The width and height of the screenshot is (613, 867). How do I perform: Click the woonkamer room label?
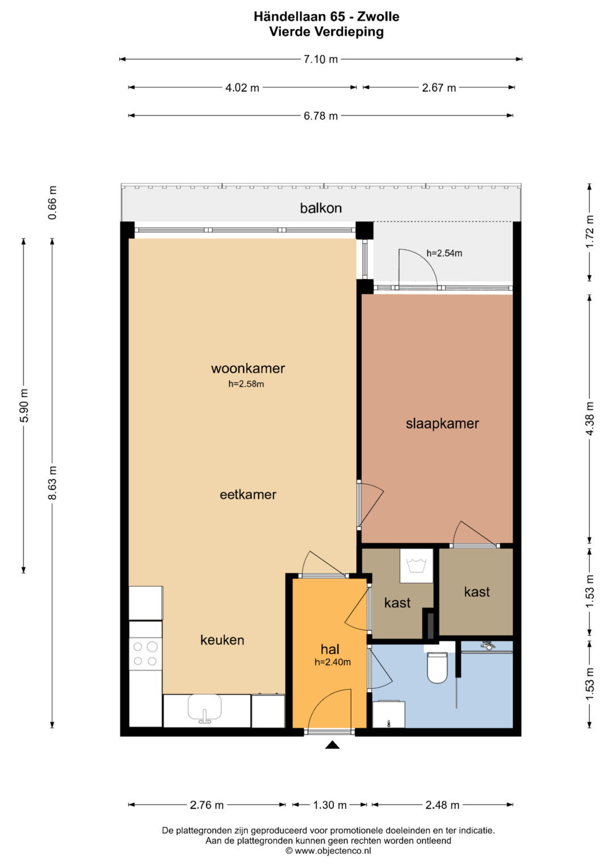[x=247, y=368]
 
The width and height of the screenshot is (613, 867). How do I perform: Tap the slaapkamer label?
[x=442, y=424]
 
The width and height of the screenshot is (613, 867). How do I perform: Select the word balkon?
[x=321, y=208]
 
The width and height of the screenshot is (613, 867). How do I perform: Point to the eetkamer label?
[x=247, y=495]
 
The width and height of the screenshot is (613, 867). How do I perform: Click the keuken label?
[x=222, y=640]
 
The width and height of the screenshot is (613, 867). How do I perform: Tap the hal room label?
[x=330, y=649]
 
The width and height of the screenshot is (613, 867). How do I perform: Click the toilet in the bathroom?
[x=437, y=667]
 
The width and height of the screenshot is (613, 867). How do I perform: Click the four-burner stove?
[x=145, y=654]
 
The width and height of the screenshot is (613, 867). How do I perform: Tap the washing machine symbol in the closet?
[x=416, y=566]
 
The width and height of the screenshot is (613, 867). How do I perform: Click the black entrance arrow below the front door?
[x=332, y=745]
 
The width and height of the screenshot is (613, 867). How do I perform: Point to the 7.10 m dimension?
[x=321, y=59]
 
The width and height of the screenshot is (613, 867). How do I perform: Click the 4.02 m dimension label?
[x=242, y=88]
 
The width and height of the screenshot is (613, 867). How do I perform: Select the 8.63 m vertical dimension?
[x=53, y=483]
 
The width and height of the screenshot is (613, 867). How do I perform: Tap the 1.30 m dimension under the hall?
[x=330, y=805]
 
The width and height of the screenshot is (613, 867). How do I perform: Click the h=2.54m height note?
[x=444, y=253]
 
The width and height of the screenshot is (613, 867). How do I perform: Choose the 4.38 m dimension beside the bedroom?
[x=589, y=418]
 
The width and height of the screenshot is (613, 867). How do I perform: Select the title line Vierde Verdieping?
[x=326, y=32]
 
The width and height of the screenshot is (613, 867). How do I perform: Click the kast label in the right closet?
[x=477, y=592]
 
